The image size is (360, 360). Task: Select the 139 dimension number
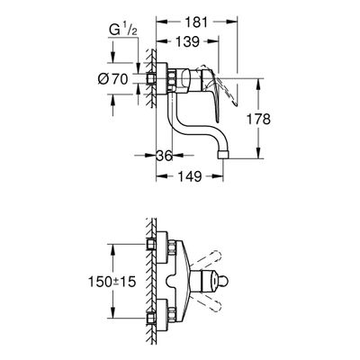[187, 41]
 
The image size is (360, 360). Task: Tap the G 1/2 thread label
[123, 31]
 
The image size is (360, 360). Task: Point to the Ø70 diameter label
[112, 79]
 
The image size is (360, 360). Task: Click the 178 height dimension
[258, 119]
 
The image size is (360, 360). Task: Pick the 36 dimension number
[165, 156]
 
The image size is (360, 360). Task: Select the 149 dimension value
[189, 176]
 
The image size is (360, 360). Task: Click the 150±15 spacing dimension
[112, 282]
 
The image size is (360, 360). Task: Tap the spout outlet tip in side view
[222, 155]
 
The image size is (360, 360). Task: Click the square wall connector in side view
[150, 79]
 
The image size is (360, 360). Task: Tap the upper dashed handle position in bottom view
[207, 259]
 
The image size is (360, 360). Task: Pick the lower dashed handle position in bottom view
[207, 303]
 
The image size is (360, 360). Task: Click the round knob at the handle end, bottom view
[224, 282]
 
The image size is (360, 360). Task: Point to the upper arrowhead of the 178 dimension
[259, 84]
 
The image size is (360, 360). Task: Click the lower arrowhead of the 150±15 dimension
[113, 313]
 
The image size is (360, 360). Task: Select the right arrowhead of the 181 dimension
[232, 22]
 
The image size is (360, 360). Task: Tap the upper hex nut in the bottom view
[172, 248]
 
